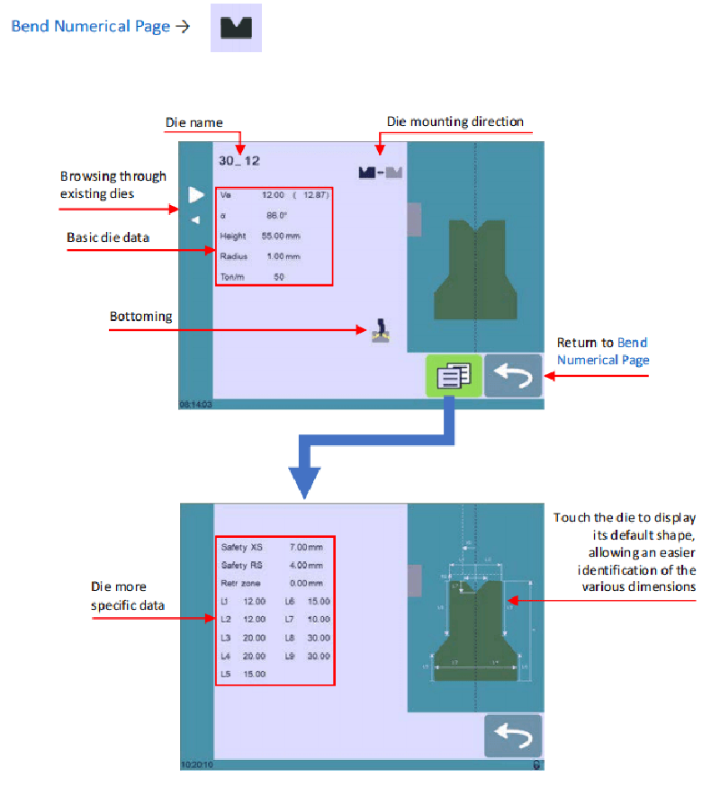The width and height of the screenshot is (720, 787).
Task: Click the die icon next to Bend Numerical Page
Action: coord(236,27)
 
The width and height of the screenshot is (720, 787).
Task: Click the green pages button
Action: coord(454,377)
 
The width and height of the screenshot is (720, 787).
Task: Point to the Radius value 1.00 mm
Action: coord(282,256)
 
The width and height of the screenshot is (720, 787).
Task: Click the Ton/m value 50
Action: coord(278,277)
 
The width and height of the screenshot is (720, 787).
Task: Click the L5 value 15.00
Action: coord(255,674)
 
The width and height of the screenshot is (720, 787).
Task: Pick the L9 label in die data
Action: coord(290,656)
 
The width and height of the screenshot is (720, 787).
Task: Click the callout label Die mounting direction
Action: coord(454,121)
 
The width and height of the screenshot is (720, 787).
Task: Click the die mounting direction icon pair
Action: coord(380,173)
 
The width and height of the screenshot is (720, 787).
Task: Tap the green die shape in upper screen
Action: coord(474,270)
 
